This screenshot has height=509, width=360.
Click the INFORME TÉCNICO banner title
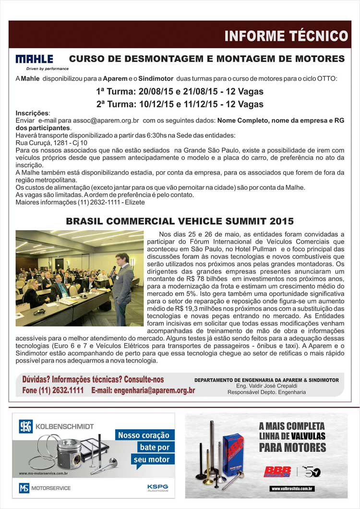pyautogui.click(x=286, y=36)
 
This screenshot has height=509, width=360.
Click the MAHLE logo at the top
pyautogui.click(x=35, y=60)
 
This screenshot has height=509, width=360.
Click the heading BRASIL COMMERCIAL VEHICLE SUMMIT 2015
pyautogui.click(x=180, y=221)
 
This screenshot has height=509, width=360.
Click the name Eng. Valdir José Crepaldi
pyautogui.click(x=266, y=386)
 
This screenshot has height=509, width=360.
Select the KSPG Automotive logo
pyautogui.click(x=157, y=487)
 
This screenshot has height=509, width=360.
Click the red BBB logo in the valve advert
pyautogui.click(x=277, y=471)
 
